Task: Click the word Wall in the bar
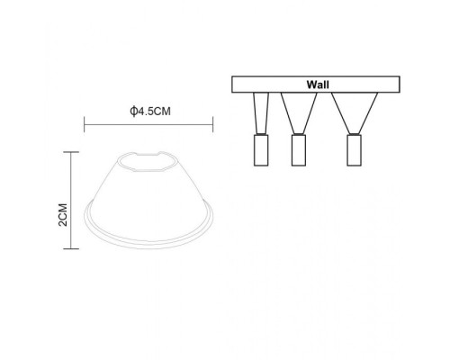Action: pos(316,84)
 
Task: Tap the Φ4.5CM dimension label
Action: pos(148,112)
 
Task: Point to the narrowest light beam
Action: pos(262,113)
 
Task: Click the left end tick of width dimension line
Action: pos(84,126)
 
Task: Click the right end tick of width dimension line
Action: pos(212,126)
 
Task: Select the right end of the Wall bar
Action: pos(399,85)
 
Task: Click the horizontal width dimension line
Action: pos(148,126)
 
